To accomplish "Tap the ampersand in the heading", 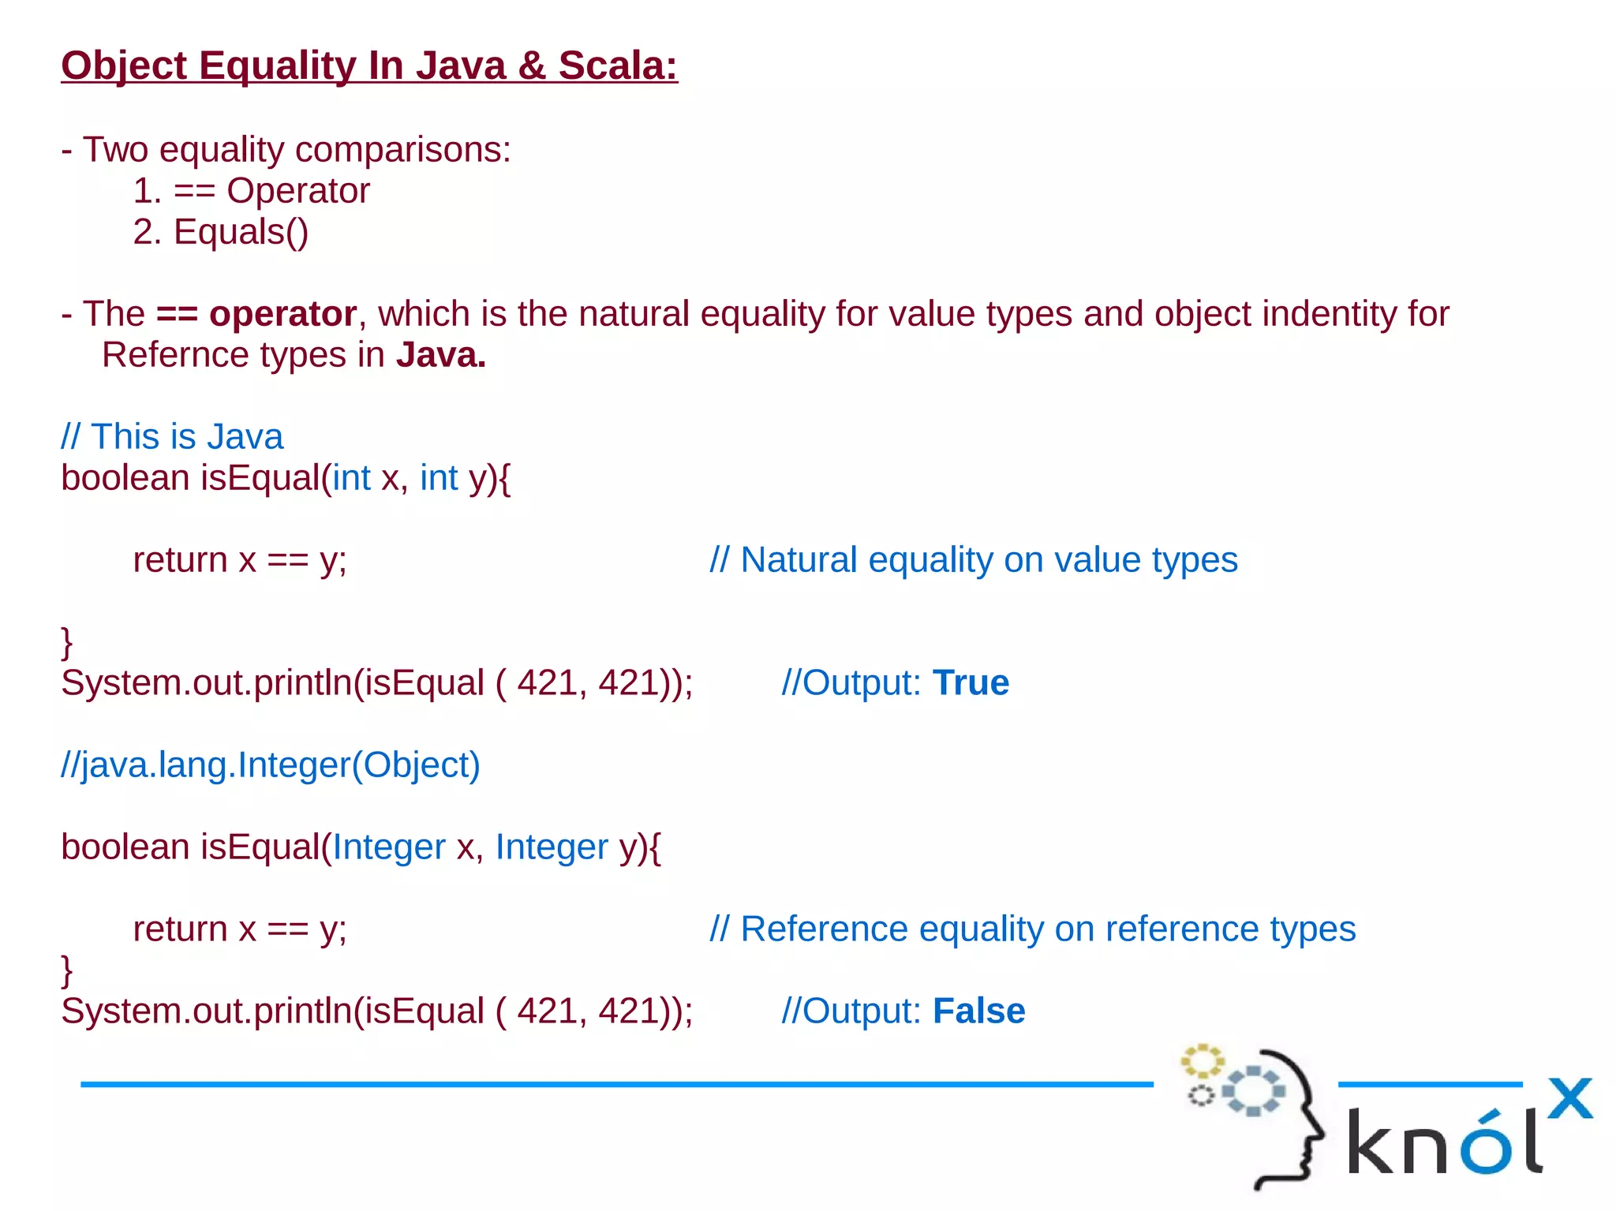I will coord(532,65).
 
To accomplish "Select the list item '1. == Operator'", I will coord(251,191).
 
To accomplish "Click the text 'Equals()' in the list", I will coord(241,232).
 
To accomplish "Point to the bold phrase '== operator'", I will coord(256,314).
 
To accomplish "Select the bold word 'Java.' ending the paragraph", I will coord(440,355).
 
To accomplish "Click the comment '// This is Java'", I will coord(172,437).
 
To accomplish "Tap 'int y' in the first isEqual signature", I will coord(453,478).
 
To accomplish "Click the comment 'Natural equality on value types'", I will coord(974,560).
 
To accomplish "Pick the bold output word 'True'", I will coord(971,683).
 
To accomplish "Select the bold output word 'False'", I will coord(978,1011).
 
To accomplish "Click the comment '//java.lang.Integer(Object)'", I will coord(271,765).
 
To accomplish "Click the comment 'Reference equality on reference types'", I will coord(1032,929).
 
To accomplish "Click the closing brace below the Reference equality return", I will coord(67,970).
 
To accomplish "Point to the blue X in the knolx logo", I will coord(1569,1098).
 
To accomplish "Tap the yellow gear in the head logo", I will coord(1202,1061).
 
